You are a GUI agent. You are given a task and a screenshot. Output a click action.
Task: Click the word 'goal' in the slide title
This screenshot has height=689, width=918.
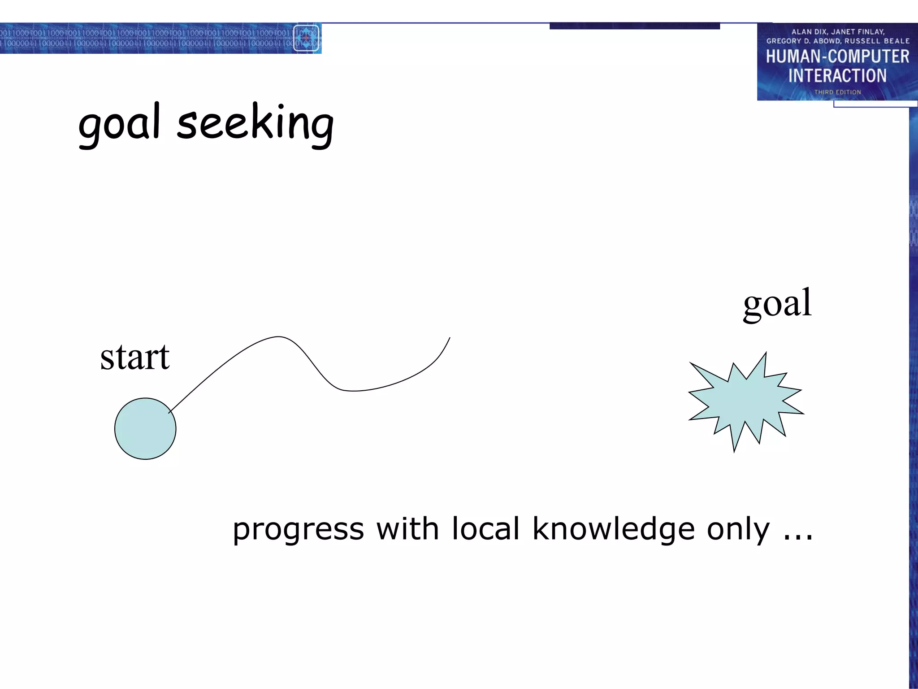(119, 123)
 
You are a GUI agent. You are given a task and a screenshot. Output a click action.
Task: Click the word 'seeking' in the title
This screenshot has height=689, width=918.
(255, 123)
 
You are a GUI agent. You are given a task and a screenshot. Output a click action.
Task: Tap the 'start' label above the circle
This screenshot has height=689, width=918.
(134, 358)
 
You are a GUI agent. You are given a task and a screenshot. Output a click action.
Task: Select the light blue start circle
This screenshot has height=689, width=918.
(145, 429)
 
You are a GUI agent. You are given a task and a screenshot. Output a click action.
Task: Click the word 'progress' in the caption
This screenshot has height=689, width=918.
(298, 530)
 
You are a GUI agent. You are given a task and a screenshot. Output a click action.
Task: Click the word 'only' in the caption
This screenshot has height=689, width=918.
(738, 530)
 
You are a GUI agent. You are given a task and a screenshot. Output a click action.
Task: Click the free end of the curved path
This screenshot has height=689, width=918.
(449, 338)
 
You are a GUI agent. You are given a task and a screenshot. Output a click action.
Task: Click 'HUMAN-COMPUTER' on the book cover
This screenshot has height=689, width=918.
(837, 57)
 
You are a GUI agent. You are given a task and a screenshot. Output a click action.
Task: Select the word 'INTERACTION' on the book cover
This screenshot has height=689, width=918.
(837, 76)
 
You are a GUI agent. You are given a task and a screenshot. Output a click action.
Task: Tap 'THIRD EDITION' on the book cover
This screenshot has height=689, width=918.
(837, 92)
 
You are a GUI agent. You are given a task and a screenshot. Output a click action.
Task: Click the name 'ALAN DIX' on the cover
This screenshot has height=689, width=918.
(809, 32)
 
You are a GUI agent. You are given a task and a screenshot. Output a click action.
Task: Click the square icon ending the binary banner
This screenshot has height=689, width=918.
(306, 38)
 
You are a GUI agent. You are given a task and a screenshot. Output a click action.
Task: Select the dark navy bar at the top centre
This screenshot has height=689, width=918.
(634, 26)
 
